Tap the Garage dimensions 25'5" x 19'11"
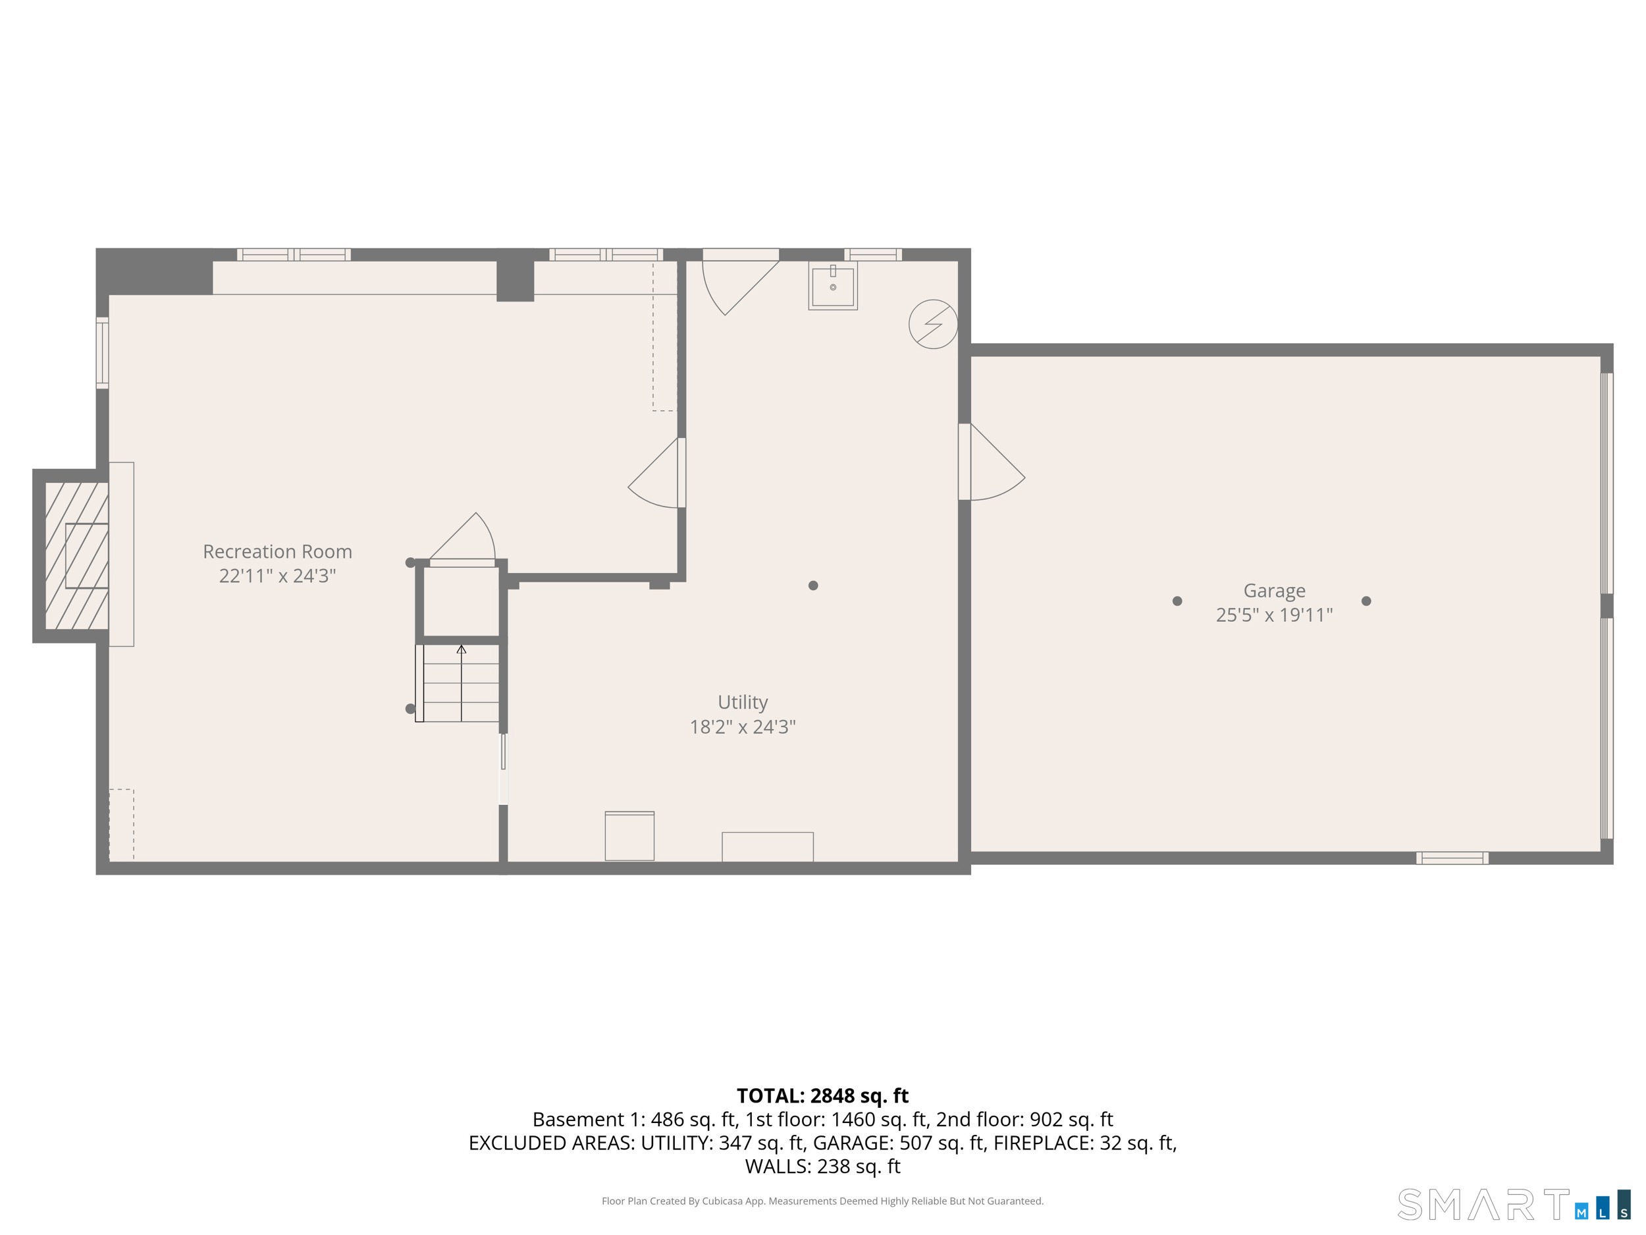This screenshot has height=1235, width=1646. click(1274, 615)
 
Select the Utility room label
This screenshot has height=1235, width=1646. click(742, 702)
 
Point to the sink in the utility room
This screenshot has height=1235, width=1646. click(833, 285)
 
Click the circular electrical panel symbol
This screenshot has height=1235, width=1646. click(932, 324)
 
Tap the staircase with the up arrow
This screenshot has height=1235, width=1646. click(460, 682)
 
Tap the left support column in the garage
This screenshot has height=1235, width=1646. click(1177, 601)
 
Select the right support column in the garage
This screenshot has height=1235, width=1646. click(1366, 601)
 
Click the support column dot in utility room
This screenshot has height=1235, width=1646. click(812, 585)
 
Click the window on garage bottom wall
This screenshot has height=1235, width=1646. click(1451, 858)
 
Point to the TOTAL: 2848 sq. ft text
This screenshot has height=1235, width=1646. click(822, 1096)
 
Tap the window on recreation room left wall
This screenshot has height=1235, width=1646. click(103, 352)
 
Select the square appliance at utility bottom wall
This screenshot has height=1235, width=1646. click(629, 836)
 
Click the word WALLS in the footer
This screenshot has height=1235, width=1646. click(778, 1166)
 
